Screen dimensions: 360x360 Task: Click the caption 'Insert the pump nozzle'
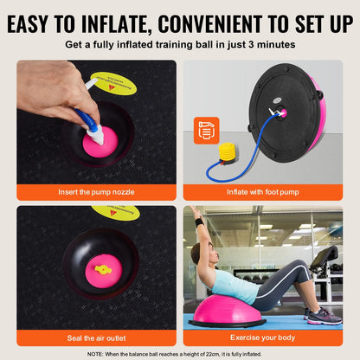pyautogui.click(x=95, y=190)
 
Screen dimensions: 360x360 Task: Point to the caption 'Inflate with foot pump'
pyautogui.click(x=263, y=190)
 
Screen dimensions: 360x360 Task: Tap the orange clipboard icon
pyautogui.click(x=207, y=130)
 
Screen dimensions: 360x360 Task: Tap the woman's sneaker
pyautogui.click(x=324, y=316)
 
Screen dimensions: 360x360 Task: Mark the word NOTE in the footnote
pyautogui.click(x=98, y=353)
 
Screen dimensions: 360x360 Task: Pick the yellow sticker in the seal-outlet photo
pyautogui.click(x=116, y=212)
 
